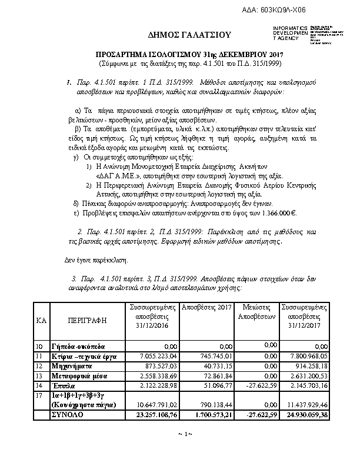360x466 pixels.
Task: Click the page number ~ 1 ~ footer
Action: (x=181, y=434)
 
